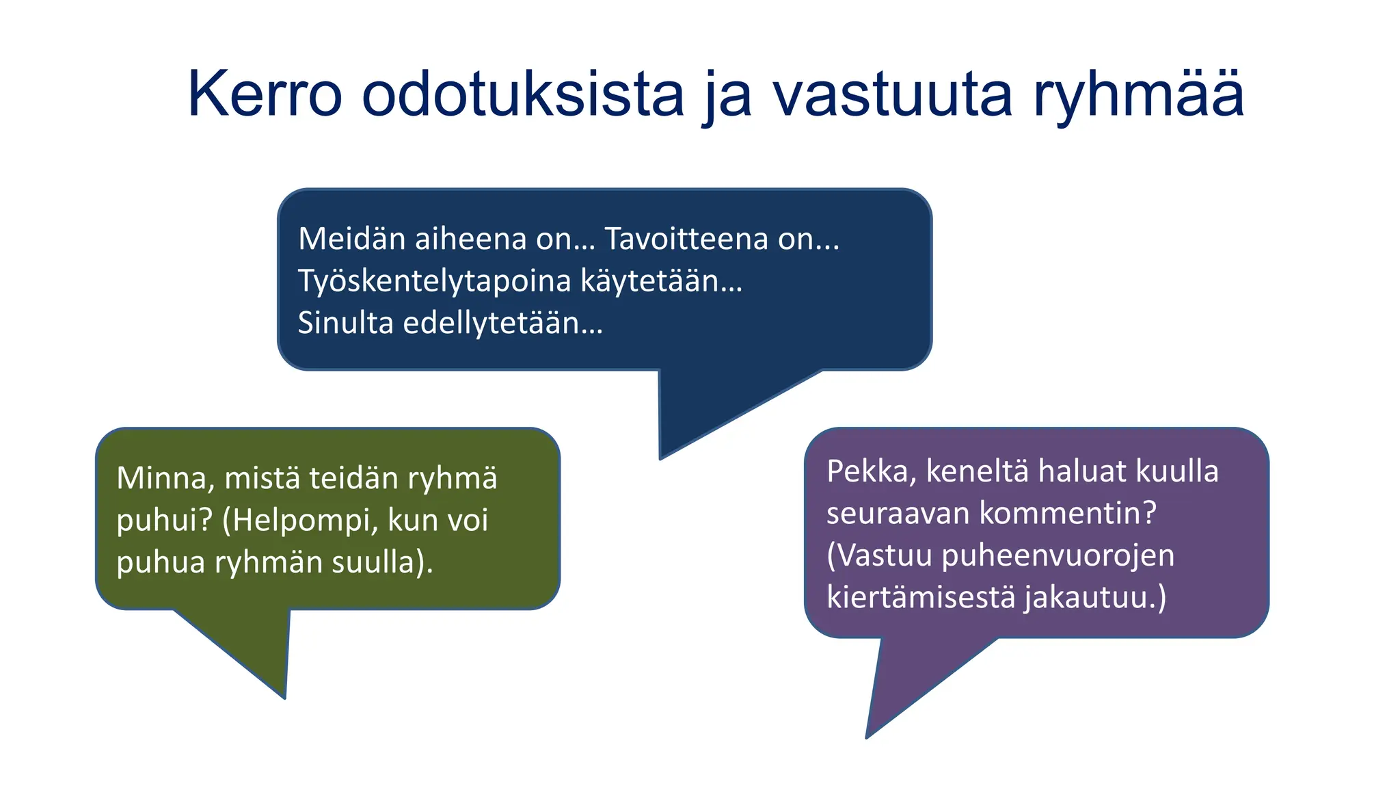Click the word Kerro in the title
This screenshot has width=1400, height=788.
tap(265, 94)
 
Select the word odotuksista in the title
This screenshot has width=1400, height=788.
tap(522, 94)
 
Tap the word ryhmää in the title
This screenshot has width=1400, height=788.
tap(1138, 94)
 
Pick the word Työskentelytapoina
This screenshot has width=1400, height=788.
tap(435, 281)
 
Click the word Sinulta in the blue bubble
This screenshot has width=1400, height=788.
tap(345, 323)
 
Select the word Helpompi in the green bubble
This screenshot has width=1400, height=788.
tap(300, 520)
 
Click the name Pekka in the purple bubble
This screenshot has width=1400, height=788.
tap(870, 471)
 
